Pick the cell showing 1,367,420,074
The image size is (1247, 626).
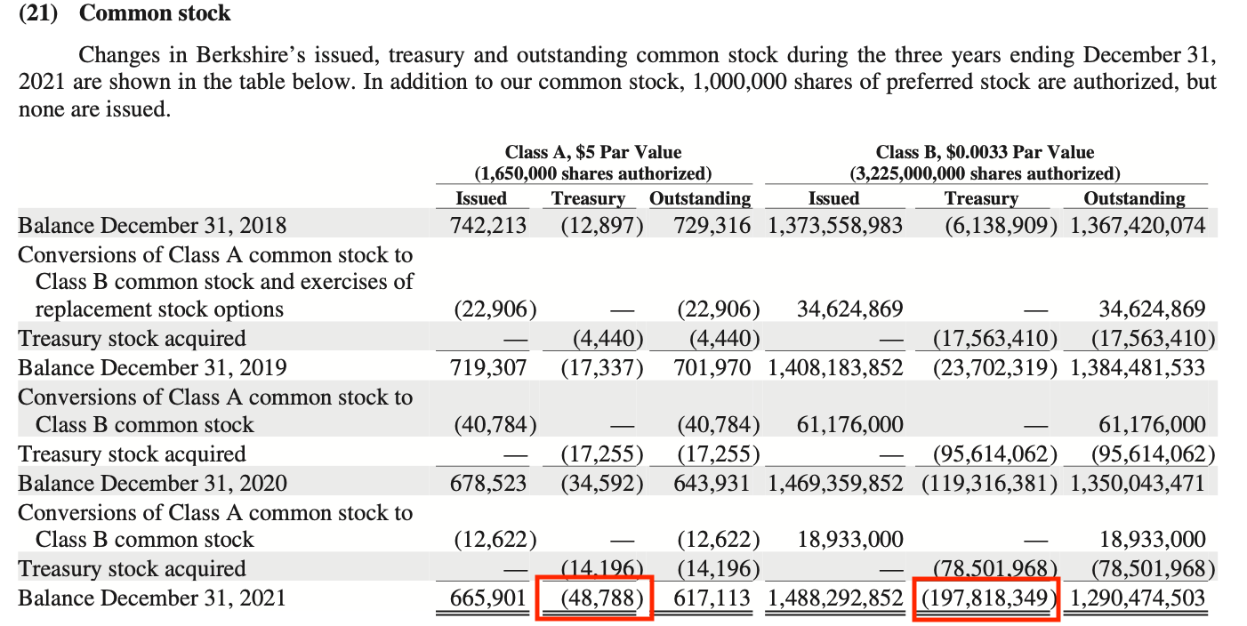pyautogui.click(x=1138, y=225)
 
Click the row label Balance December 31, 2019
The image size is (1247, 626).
pyautogui.click(x=152, y=367)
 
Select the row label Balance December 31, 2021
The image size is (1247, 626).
pyautogui.click(x=152, y=598)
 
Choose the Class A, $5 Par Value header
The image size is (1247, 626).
pyautogui.click(x=593, y=152)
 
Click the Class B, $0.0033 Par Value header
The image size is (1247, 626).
pyautogui.click(x=985, y=152)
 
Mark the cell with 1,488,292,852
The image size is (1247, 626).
pyautogui.click(x=835, y=598)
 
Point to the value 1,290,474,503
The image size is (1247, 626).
pyautogui.click(x=1138, y=598)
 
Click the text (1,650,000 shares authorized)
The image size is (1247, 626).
pyautogui.click(x=593, y=173)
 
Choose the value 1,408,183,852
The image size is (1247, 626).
pyautogui.click(x=835, y=367)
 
